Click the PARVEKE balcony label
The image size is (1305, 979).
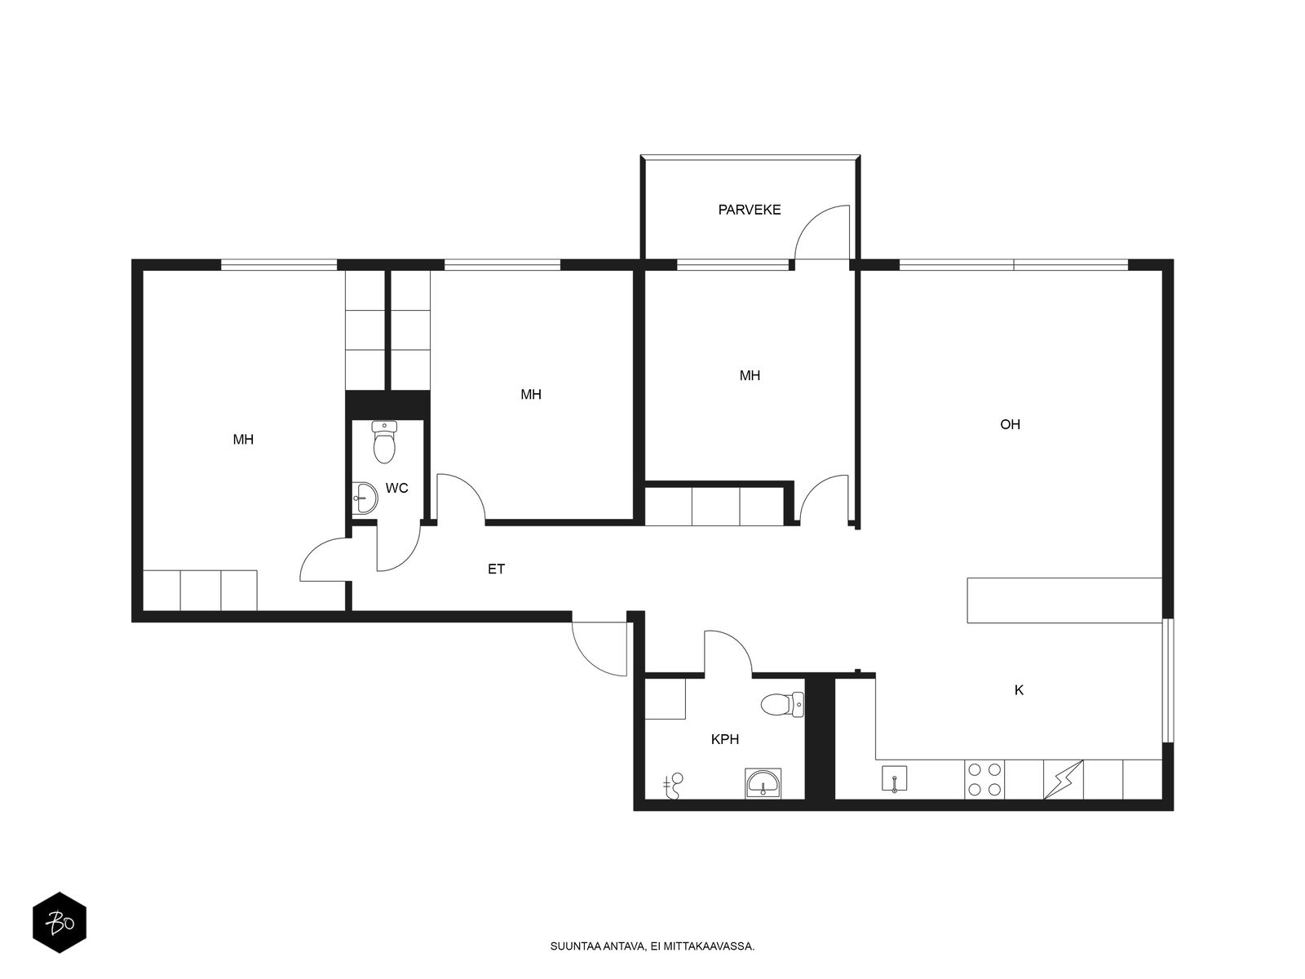click(749, 210)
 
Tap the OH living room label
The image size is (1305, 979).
click(1010, 424)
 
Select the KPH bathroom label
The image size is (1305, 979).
click(725, 739)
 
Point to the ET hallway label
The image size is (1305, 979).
click(496, 569)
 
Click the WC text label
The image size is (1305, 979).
click(396, 488)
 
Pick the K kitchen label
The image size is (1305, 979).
click(1019, 690)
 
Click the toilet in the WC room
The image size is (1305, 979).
click(384, 441)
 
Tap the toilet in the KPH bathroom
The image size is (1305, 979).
click(782, 704)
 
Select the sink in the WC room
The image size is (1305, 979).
click(364, 498)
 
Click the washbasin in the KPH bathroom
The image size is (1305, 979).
click(763, 783)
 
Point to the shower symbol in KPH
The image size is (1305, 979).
click(673, 786)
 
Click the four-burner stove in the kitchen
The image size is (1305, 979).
click(984, 780)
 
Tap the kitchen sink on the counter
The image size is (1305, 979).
click(894, 779)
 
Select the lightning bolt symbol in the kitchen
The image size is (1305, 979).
click(1064, 780)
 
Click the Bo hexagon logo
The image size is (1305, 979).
click(60, 923)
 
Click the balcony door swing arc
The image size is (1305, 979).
click(816, 220)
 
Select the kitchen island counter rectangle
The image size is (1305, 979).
click(1064, 600)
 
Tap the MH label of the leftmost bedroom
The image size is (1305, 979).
click(243, 440)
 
